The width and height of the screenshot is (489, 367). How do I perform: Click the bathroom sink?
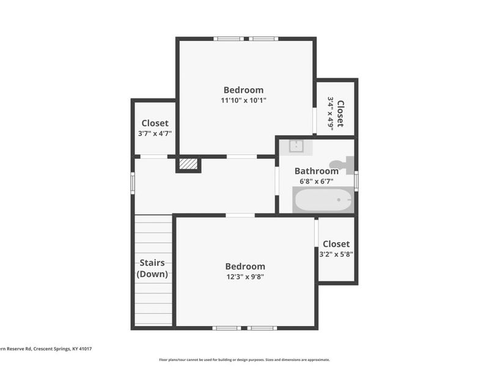pyautogui.click(x=296, y=146)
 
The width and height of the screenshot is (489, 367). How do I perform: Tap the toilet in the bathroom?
pyautogui.click(x=341, y=163)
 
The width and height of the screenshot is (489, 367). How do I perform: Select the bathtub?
pyautogui.click(x=323, y=199)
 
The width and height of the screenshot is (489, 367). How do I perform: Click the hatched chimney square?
pyautogui.click(x=188, y=164)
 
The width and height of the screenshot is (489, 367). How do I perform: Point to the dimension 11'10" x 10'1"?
pyautogui.click(x=243, y=100)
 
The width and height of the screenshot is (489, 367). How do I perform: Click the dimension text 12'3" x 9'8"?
pyautogui.click(x=245, y=276)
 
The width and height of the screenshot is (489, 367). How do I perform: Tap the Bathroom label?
pyautogui.click(x=316, y=171)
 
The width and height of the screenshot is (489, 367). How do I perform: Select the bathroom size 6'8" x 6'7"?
pyautogui.click(x=316, y=182)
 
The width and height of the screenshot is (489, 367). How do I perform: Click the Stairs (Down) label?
pyautogui.click(x=152, y=269)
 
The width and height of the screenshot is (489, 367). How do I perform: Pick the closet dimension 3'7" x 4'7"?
pyautogui.click(x=155, y=133)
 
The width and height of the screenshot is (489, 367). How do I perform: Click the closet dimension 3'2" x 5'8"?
pyautogui.click(x=336, y=254)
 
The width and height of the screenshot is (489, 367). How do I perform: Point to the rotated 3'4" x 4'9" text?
pyautogui.click(x=331, y=113)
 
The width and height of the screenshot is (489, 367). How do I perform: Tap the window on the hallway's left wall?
pyautogui.click(x=133, y=183)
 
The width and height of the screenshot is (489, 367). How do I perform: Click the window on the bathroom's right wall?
pyautogui.click(x=356, y=181)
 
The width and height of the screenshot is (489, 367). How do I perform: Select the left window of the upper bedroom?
pyautogui.click(x=229, y=39)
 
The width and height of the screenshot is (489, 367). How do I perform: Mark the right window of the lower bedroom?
pyautogui.click(x=263, y=328)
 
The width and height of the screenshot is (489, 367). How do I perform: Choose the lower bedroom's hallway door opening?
pyautogui.click(x=240, y=215)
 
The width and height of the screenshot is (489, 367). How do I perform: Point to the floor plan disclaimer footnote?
pyautogui.click(x=244, y=360)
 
